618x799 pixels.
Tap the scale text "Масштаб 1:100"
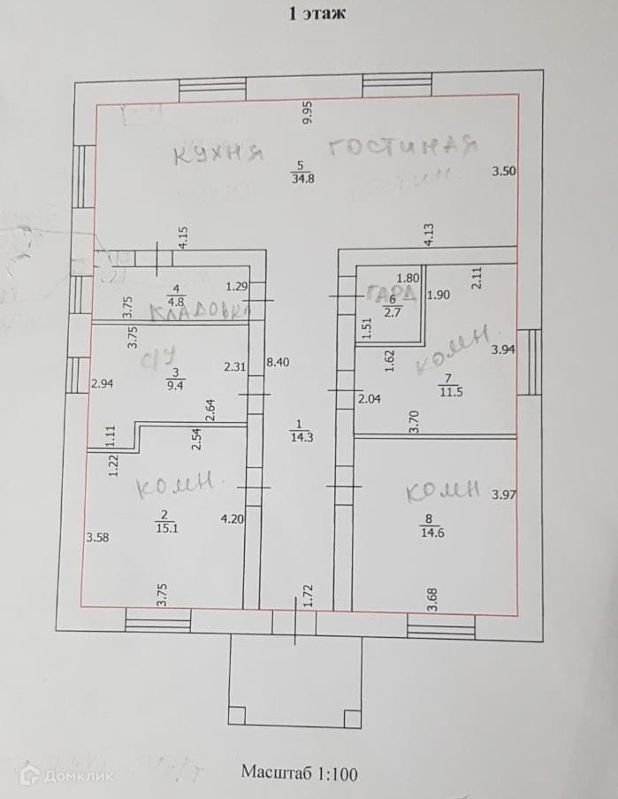(x=300, y=772)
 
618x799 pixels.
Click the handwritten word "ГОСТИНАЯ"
(x=402, y=146)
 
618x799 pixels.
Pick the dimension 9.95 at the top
(x=308, y=114)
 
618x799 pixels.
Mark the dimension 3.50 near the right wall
(x=504, y=173)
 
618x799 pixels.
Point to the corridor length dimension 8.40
(x=277, y=362)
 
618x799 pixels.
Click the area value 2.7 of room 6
(x=393, y=311)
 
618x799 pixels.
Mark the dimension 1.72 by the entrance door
(x=307, y=595)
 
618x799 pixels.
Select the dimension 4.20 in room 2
(x=232, y=519)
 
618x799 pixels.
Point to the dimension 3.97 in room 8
(x=504, y=494)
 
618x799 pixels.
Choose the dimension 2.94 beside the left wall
(x=103, y=384)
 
